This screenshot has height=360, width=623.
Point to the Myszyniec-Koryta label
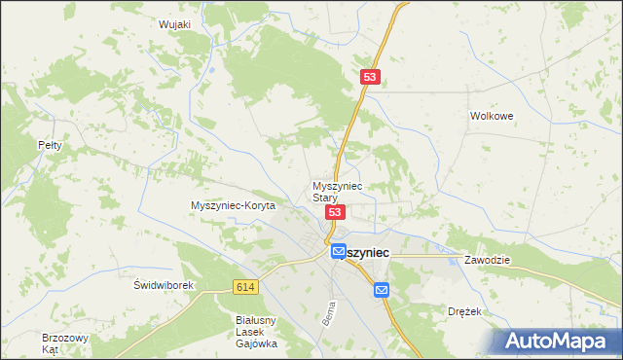pyautogui.click(x=234, y=205)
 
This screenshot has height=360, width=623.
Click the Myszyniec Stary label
pyautogui.click(x=337, y=191)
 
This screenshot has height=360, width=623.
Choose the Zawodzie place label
pyautogui.click(x=488, y=261)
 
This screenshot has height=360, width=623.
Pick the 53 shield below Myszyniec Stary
pyautogui.click(x=335, y=212)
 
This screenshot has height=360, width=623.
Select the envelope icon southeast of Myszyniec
pyautogui.click(x=381, y=289)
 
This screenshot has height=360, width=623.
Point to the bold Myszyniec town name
pyautogui.click(x=366, y=251)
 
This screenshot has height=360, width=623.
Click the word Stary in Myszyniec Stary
pyautogui.click(x=325, y=197)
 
